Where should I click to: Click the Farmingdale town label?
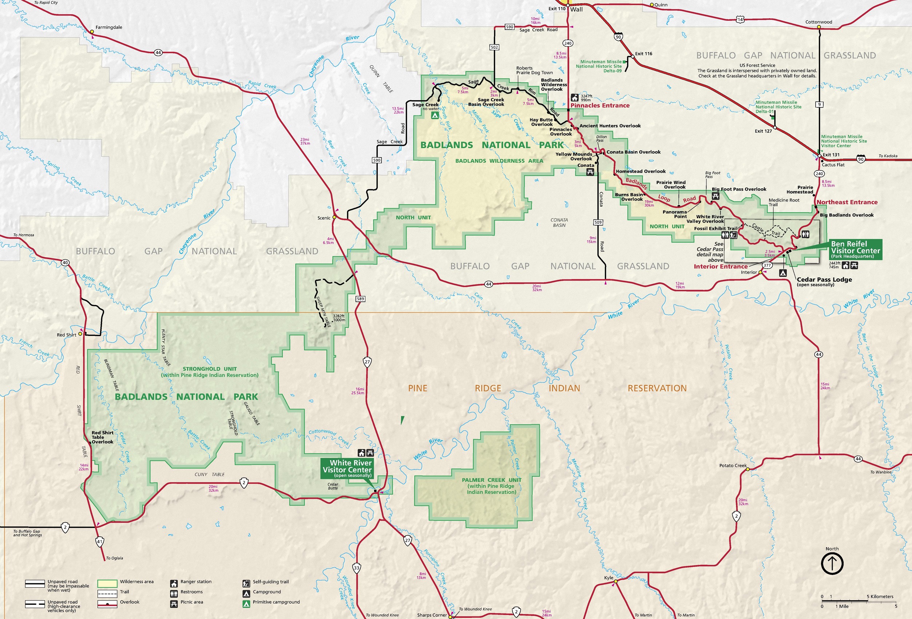click(x=109, y=27)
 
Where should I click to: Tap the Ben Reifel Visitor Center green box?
click(x=855, y=250)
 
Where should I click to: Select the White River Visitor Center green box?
click(x=346, y=469)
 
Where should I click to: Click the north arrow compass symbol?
click(x=832, y=563)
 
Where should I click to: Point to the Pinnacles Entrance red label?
click(x=600, y=106)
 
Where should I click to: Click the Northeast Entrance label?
click(x=846, y=202)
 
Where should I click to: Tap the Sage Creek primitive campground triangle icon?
click(x=435, y=115)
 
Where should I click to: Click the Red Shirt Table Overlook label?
click(x=102, y=437)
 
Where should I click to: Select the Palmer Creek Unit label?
click(x=491, y=486)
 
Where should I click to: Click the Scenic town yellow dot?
click(x=334, y=217)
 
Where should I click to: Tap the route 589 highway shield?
click(x=360, y=299)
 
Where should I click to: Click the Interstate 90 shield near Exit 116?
click(x=618, y=37)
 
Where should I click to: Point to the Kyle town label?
click(x=608, y=578)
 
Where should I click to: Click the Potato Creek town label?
click(x=733, y=465)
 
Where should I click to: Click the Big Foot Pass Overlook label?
click(x=738, y=189)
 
